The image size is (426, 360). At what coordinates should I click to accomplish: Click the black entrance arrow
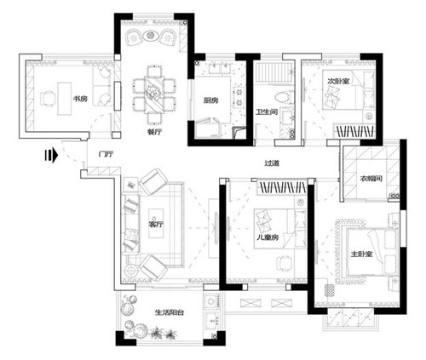[x=51, y=156]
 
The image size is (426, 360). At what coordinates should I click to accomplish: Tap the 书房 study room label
[x=80, y=99]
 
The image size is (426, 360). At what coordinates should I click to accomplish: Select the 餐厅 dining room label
[x=155, y=132]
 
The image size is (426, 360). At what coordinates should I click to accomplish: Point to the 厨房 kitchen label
[x=210, y=100]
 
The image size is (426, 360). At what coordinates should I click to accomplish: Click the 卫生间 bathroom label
[x=267, y=112]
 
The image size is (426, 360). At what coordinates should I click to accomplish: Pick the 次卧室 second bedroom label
[x=338, y=81]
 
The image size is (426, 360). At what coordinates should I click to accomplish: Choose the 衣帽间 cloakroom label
[x=371, y=179]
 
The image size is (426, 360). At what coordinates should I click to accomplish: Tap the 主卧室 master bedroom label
[x=361, y=254]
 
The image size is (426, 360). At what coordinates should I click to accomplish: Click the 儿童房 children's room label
[x=268, y=237]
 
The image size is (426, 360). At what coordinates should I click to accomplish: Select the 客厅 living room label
[x=156, y=225]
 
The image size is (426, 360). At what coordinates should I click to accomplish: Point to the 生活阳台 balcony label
[x=170, y=312]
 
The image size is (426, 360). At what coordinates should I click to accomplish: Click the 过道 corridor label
[x=272, y=163]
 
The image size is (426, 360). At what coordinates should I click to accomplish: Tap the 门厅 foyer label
[x=106, y=154]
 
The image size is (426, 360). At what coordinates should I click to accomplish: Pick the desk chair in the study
[x=47, y=99]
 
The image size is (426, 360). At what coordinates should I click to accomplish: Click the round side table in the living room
[x=131, y=270]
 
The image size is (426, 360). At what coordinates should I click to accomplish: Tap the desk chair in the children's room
[x=284, y=263]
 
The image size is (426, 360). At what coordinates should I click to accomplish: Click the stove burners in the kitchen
[x=239, y=96]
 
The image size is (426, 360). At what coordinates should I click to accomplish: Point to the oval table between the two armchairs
[x=151, y=36]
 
